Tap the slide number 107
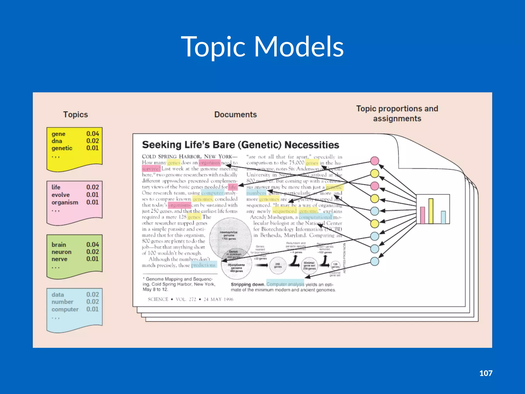pos(486,373)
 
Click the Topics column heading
pos(75,114)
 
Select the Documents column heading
pos(235,114)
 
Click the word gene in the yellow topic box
pos(58,134)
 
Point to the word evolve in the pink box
pos(60,195)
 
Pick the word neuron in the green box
pos(62,252)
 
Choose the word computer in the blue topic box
pos(65,309)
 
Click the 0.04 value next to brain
pos(93,244)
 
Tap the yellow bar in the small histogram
pos(431,211)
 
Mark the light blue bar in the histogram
pos(443,217)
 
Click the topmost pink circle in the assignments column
pos(375,161)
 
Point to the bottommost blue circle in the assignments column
pos(375,261)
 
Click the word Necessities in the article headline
pos(312,145)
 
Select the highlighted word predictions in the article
pos(204,265)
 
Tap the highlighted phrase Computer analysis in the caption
pos(285,284)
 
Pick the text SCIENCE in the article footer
pos(158,299)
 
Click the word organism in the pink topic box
pos(65,202)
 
